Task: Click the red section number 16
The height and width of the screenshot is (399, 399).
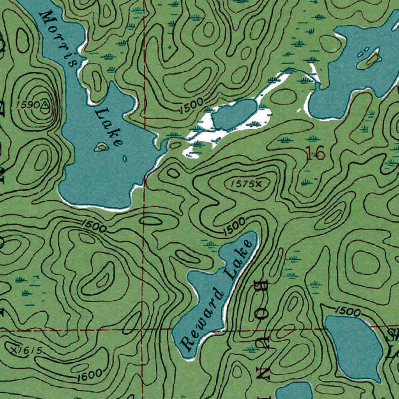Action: (315, 153)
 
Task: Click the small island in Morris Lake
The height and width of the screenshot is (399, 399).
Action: (102, 147)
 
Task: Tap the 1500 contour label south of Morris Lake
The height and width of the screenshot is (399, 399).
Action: (94, 226)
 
